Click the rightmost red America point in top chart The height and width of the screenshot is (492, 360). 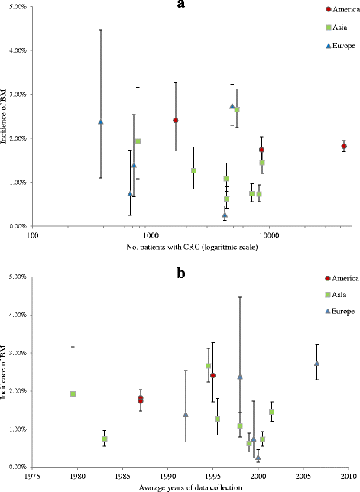[344, 146]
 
